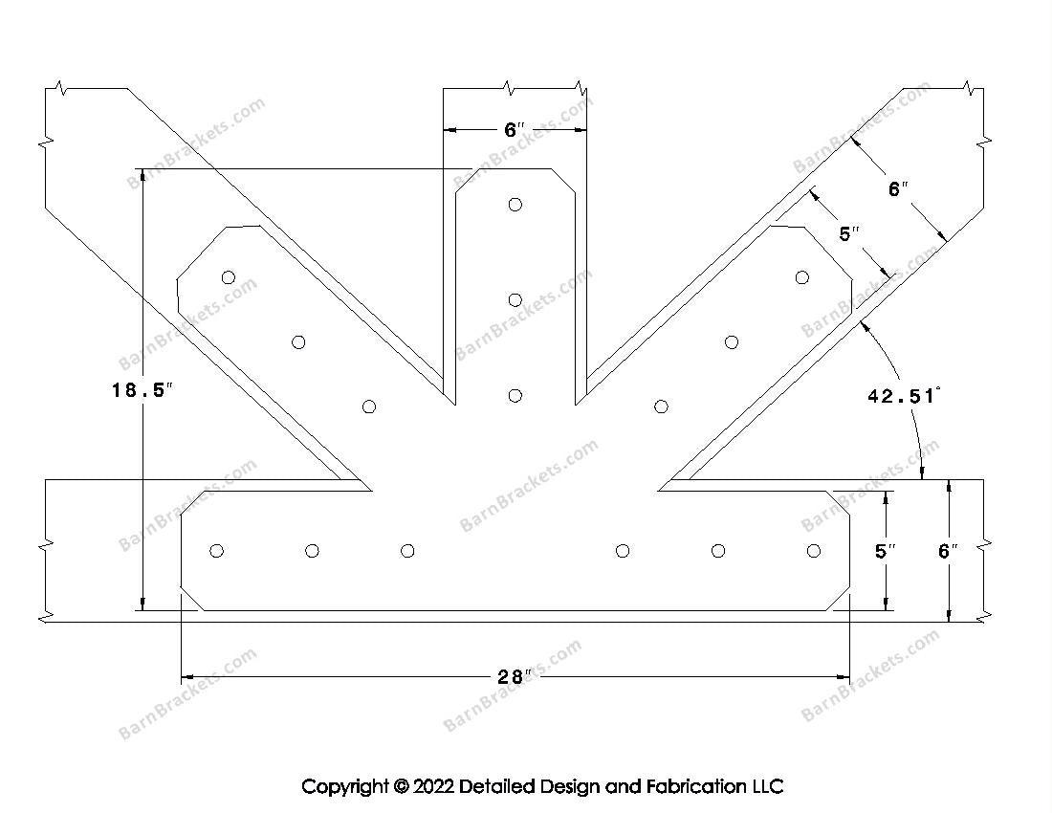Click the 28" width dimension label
click(514, 677)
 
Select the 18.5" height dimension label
click(142, 390)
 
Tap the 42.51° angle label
click(903, 395)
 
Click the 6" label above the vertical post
click(515, 129)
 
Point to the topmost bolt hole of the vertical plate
click(515, 204)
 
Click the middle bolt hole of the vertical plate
click(515, 300)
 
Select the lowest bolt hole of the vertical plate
click(515, 395)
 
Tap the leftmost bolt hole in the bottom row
click(216, 550)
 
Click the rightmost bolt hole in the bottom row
click(814, 550)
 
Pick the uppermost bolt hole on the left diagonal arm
click(229, 277)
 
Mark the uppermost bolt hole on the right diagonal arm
click(801, 277)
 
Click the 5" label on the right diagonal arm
click(849, 233)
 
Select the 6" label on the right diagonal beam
click(897, 189)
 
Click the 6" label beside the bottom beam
click(948, 551)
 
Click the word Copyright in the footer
click(344, 786)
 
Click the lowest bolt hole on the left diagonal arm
click(370, 406)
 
